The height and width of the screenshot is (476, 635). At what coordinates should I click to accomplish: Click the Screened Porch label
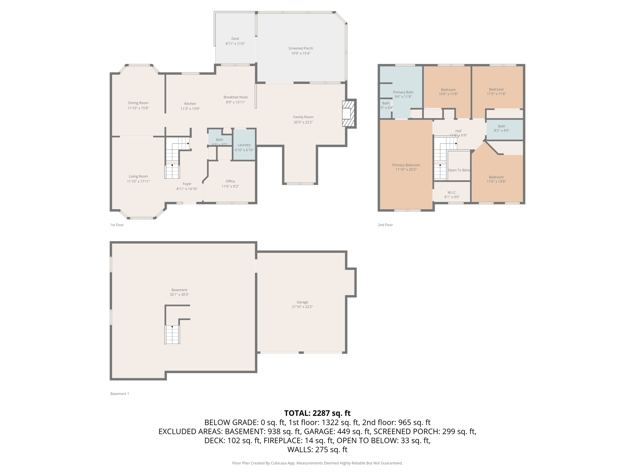(x=300, y=48)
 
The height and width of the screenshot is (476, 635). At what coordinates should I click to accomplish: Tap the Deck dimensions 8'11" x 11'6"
(x=235, y=44)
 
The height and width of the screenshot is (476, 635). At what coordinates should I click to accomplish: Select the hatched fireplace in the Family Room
(x=348, y=113)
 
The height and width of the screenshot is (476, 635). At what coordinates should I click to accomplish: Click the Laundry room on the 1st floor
(x=244, y=145)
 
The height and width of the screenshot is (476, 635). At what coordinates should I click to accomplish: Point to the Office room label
(x=230, y=181)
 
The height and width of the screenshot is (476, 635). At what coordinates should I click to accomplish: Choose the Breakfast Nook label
(x=235, y=97)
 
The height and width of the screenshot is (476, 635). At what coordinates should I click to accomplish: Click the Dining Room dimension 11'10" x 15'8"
(x=138, y=108)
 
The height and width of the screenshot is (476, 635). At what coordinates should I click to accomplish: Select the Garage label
(x=302, y=302)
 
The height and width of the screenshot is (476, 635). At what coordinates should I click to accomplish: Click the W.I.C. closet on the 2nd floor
(x=452, y=192)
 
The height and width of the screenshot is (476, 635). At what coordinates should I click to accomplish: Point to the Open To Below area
(x=459, y=170)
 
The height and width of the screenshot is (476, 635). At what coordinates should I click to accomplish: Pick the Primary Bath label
(x=403, y=92)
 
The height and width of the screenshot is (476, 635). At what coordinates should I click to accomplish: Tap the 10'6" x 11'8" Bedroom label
(x=448, y=90)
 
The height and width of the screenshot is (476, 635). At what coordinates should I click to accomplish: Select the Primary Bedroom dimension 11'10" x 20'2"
(x=406, y=170)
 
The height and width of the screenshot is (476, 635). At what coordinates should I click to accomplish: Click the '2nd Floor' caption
(x=385, y=225)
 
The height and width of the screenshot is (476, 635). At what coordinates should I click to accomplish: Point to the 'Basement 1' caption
(x=119, y=394)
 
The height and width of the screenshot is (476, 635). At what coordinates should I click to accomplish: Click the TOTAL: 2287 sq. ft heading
(x=317, y=413)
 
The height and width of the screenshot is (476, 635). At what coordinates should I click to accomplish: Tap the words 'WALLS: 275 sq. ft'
(x=317, y=449)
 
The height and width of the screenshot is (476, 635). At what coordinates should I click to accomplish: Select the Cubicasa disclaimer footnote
(x=317, y=463)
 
